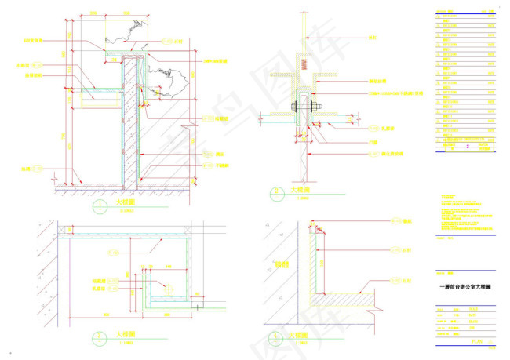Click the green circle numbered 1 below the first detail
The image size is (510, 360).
coord(100,206)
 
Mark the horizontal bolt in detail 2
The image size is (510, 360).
coord(304,107)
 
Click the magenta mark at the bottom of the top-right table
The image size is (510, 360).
coord(484,147)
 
